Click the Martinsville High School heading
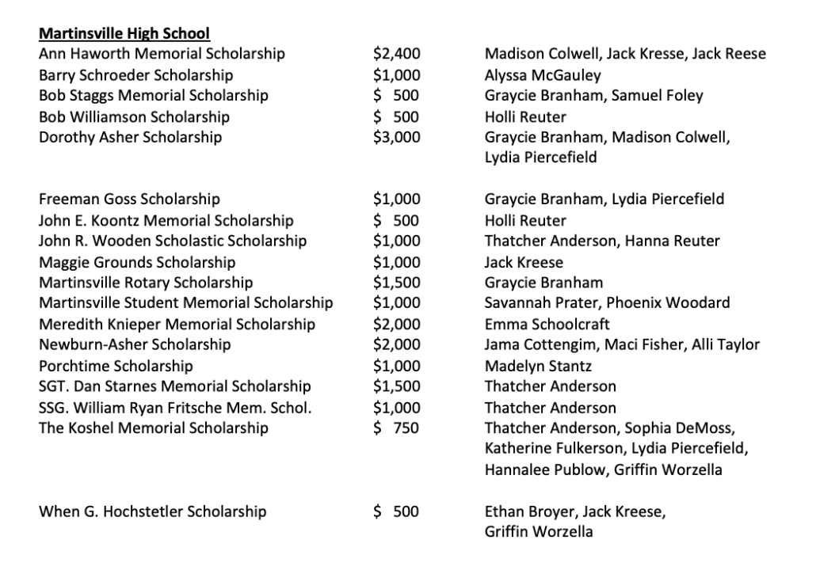(x=124, y=34)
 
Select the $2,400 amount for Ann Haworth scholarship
(x=396, y=55)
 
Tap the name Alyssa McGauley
(x=543, y=75)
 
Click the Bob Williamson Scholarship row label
(x=134, y=117)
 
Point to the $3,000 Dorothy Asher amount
(x=396, y=138)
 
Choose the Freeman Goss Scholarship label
(x=129, y=200)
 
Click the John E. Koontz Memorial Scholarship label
(x=166, y=221)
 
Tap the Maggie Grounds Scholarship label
(x=137, y=262)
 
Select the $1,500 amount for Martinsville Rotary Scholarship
(x=396, y=283)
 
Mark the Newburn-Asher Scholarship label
(x=135, y=344)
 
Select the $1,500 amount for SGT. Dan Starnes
(x=396, y=386)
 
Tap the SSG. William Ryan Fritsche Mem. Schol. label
(x=175, y=408)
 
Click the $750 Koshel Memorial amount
(x=396, y=428)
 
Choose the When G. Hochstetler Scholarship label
(x=152, y=511)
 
